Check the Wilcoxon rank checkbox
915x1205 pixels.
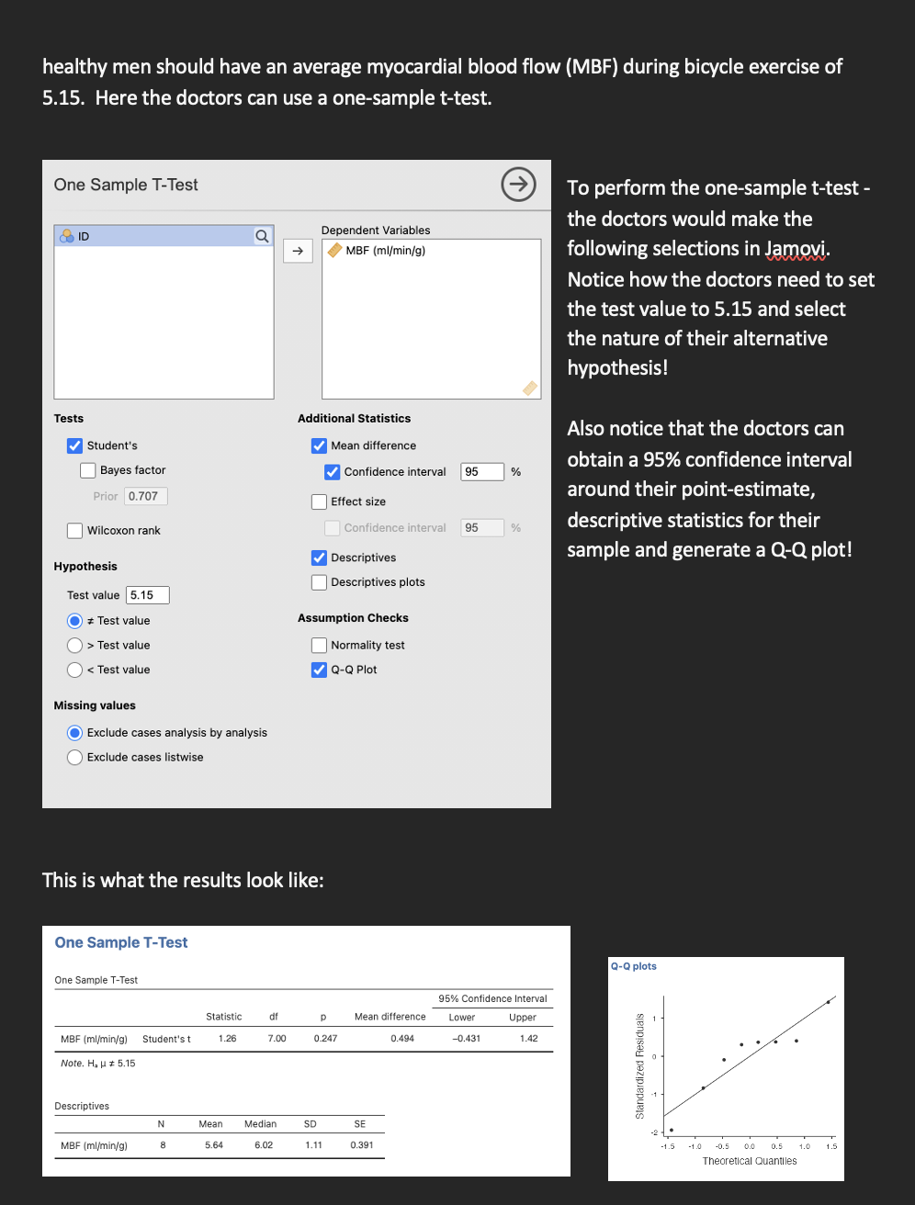point(75,531)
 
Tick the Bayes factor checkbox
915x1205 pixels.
point(88,470)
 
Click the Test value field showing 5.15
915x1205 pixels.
point(147,595)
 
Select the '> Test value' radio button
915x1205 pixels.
point(75,646)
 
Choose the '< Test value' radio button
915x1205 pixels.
point(75,670)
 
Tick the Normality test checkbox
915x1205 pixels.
point(319,646)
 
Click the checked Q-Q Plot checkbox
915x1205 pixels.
point(319,670)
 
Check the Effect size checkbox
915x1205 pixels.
point(319,501)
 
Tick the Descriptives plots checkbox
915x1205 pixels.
point(319,582)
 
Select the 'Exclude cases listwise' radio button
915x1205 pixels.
point(75,758)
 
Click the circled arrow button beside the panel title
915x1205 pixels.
point(518,185)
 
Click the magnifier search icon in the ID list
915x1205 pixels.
point(262,236)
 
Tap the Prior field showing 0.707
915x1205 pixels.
point(145,496)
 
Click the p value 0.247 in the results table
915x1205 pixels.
point(325,1039)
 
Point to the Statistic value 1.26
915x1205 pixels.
point(227,1039)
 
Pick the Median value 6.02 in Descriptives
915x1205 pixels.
point(264,1145)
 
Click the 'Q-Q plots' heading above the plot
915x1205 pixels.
point(634,966)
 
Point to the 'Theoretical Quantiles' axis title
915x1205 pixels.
point(750,1161)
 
